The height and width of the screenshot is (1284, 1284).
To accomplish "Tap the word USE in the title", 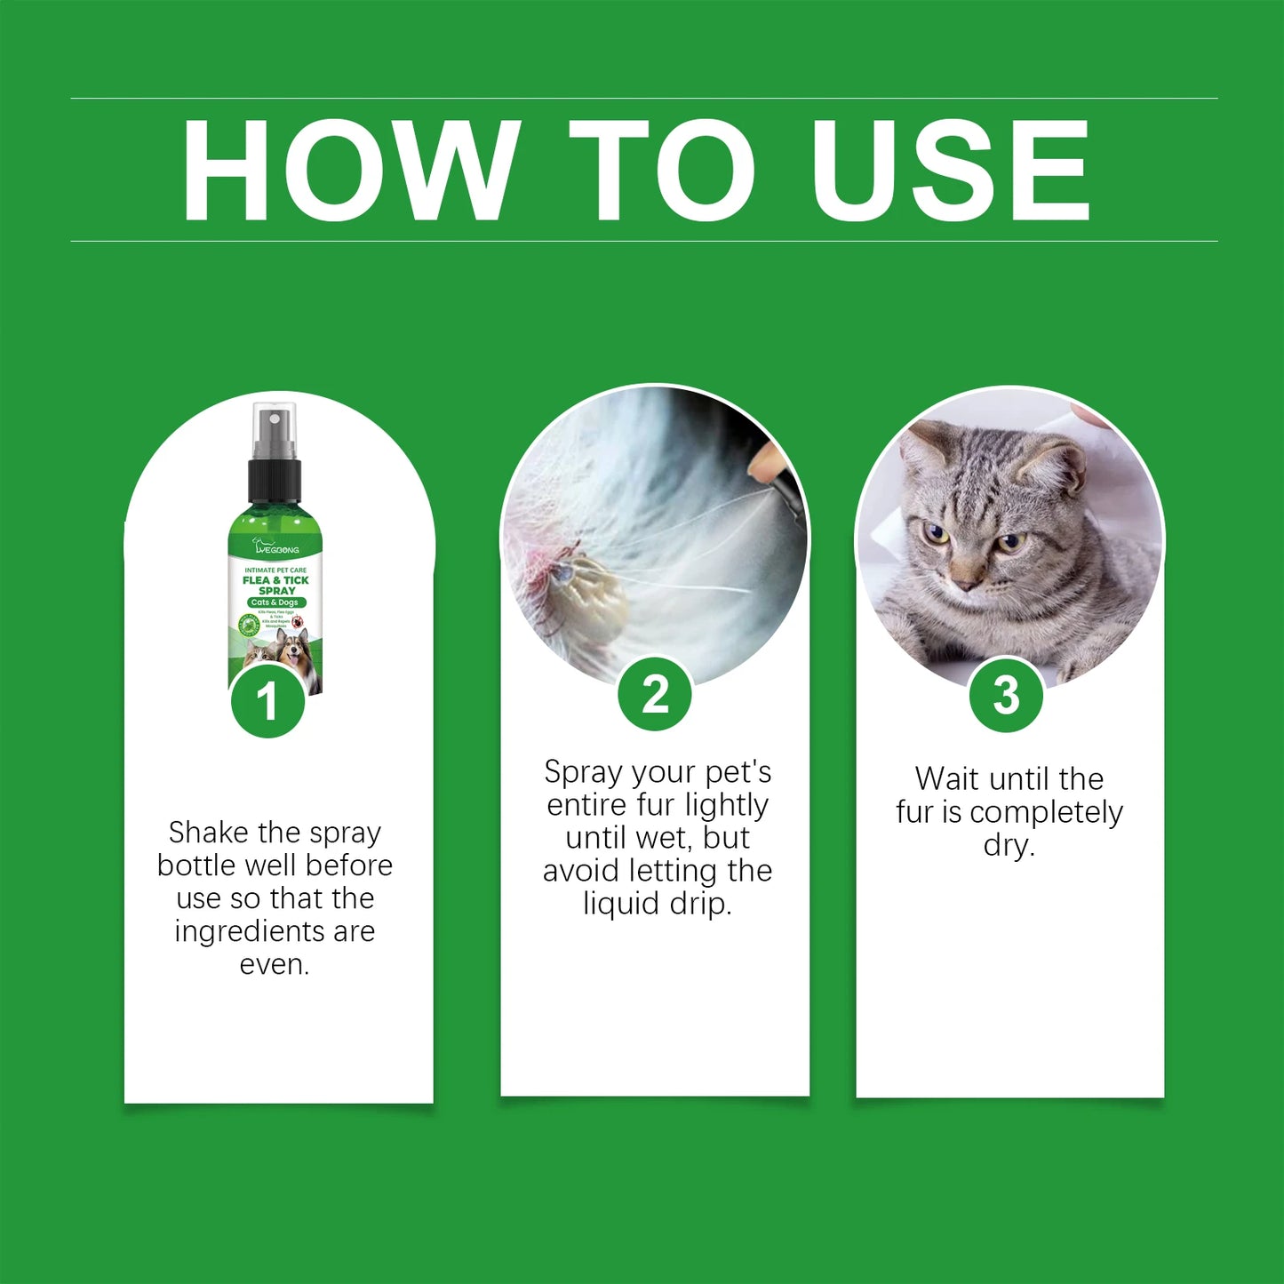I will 950,170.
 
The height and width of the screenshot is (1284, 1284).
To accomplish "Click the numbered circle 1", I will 267,702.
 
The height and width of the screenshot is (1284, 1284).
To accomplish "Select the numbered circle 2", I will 655,694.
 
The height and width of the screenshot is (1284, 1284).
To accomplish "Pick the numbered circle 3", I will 1006,695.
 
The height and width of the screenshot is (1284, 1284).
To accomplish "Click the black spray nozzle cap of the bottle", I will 275,480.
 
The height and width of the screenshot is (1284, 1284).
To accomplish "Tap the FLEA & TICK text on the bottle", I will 275,580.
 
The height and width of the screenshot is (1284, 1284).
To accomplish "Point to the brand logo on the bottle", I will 276,547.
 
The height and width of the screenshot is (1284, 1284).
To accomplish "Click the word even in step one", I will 273,964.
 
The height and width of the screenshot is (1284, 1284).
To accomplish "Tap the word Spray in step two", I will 582,772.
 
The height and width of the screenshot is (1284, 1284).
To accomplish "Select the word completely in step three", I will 1046,812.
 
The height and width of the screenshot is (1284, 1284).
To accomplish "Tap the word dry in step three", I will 1008,845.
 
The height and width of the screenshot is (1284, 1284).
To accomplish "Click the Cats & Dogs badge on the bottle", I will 276,602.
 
